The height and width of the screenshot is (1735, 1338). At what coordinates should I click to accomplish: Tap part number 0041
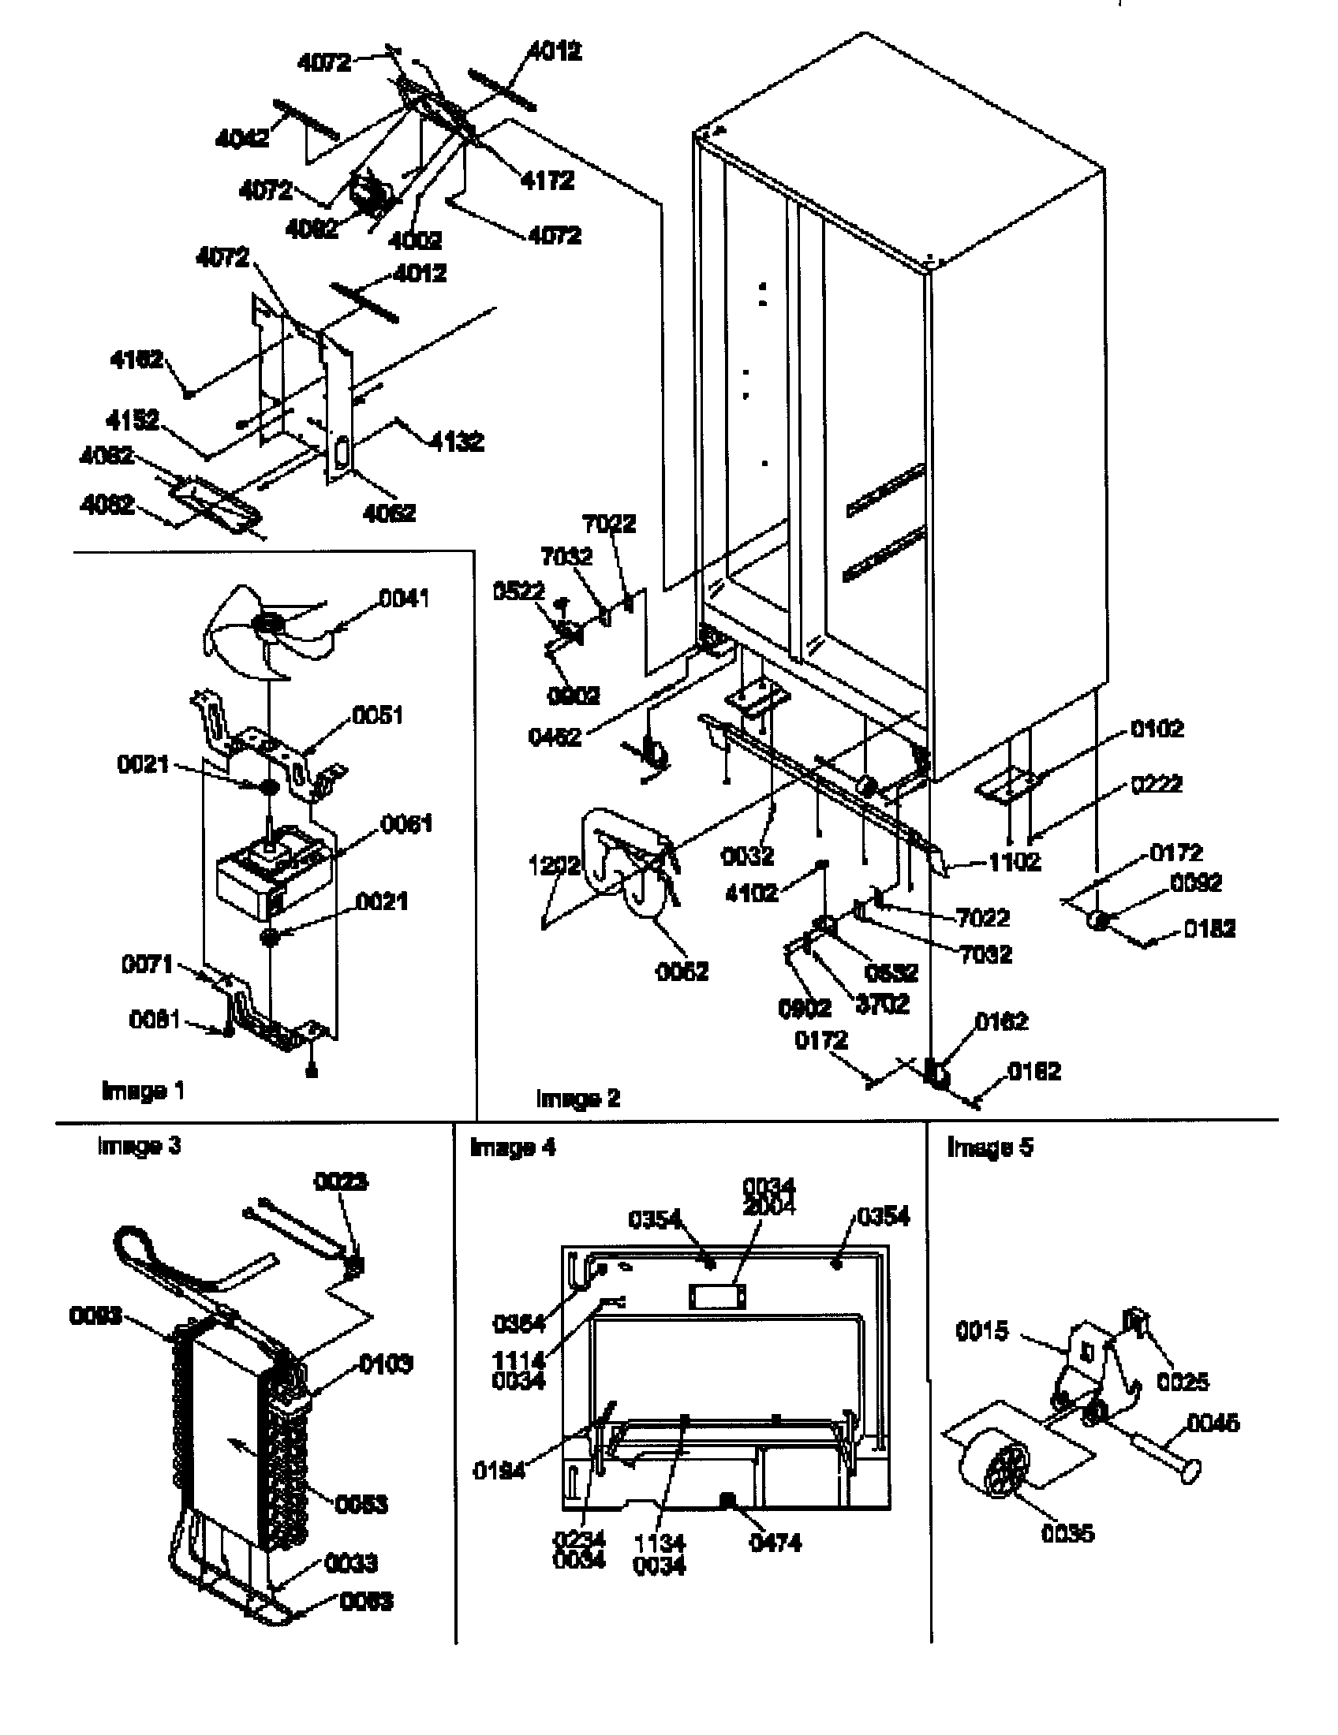404,599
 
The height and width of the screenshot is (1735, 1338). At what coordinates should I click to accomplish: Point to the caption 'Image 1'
143,1091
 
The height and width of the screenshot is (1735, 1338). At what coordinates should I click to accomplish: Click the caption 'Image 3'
139,1146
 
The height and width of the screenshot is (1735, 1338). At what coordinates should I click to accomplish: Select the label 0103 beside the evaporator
386,1365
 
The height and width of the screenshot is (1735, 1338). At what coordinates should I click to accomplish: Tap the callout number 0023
341,1182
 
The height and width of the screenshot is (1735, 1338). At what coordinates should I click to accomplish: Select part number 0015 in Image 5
981,1330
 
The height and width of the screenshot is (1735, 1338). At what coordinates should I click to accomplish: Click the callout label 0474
776,1543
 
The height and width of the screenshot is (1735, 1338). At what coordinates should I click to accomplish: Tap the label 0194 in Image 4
499,1471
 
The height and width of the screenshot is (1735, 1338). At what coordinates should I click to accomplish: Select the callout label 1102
1015,862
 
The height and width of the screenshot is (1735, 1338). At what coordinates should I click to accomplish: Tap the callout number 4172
547,181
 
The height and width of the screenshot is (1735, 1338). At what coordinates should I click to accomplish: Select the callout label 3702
882,1004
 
